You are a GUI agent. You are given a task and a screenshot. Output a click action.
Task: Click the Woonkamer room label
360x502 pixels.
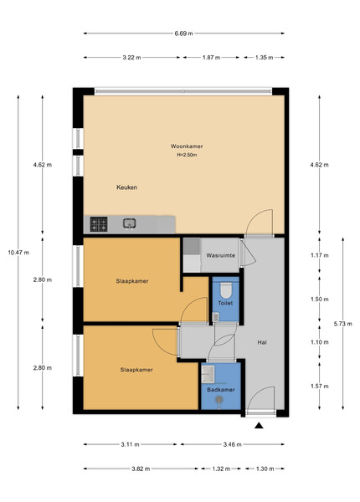[x=187, y=146]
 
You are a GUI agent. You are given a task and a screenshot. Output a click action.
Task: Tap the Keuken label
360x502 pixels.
[x=126, y=187]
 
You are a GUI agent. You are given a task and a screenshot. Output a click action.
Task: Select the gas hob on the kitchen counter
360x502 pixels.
[x=99, y=224]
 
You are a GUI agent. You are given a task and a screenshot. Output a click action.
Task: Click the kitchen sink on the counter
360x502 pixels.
[x=130, y=223]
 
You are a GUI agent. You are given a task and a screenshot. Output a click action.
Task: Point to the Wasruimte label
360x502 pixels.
[x=221, y=255]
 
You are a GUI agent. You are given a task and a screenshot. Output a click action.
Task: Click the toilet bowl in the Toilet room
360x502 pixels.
[x=226, y=290]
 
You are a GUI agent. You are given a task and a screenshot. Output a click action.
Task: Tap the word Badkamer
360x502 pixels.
[x=221, y=390]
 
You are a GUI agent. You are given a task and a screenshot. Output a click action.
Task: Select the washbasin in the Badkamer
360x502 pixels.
[x=208, y=374]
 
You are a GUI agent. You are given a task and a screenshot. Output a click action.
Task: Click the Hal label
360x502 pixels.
[x=262, y=342]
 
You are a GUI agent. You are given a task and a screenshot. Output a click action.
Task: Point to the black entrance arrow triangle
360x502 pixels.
[x=259, y=426]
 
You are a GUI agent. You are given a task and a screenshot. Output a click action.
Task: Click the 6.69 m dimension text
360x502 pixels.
[x=184, y=33]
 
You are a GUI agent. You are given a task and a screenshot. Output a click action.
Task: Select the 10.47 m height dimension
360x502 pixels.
[x=18, y=253]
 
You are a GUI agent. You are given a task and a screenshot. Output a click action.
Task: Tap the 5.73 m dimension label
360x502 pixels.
[x=342, y=324]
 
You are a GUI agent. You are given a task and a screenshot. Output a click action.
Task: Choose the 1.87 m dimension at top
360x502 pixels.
[x=211, y=58]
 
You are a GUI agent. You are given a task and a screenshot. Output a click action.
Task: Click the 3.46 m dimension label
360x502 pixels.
[x=232, y=444]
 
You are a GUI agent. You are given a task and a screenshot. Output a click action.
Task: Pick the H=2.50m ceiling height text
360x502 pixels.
[x=187, y=155]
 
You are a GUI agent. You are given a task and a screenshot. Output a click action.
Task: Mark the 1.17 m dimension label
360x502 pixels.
[x=319, y=255]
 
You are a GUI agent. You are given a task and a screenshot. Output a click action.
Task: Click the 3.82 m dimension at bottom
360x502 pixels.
[x=141, y=469]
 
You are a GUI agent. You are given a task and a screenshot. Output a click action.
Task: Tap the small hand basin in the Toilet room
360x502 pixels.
[x=216, y=317]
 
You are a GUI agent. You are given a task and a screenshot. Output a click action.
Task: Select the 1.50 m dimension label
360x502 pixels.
[x=319, y=300]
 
